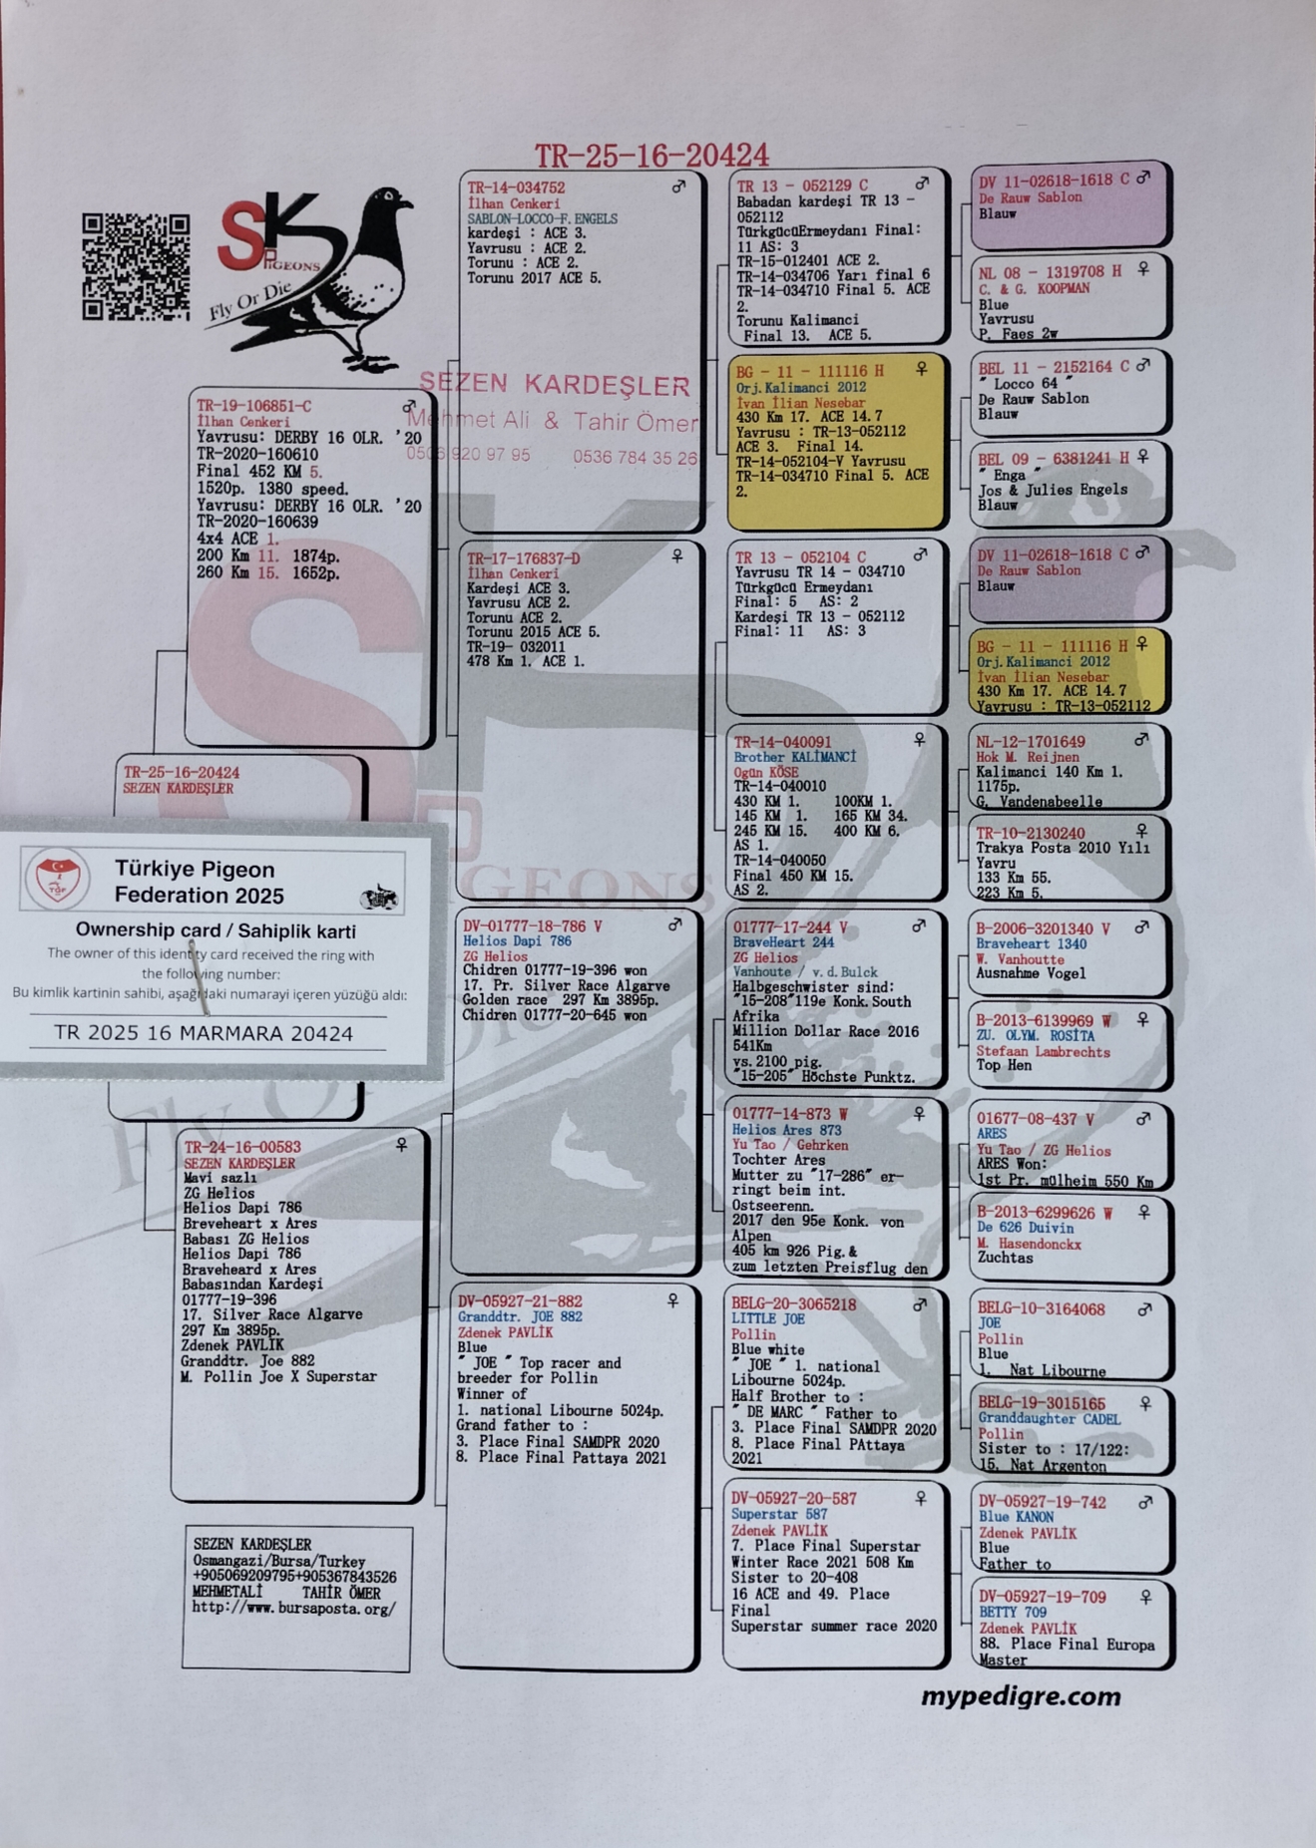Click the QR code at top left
(136, 267)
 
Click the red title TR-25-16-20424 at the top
(652, 156)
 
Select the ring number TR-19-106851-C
(253, 406)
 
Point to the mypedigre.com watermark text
(1020, 1696)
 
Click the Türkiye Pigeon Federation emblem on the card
(57, 879)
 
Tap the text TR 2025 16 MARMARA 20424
(204, 1033)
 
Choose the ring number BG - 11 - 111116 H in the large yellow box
(809, 371)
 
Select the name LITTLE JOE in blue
(767, 1318)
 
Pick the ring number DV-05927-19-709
(1042, 1597)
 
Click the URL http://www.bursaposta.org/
(293, 1608)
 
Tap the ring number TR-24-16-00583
(242, 1147)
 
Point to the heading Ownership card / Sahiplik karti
(216, 929)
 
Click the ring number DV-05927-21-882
(520, 1301)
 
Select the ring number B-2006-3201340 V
(1043, 928)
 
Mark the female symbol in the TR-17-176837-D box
(677, 556)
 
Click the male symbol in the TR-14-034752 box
(678, 186)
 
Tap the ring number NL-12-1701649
(1030, 742)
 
